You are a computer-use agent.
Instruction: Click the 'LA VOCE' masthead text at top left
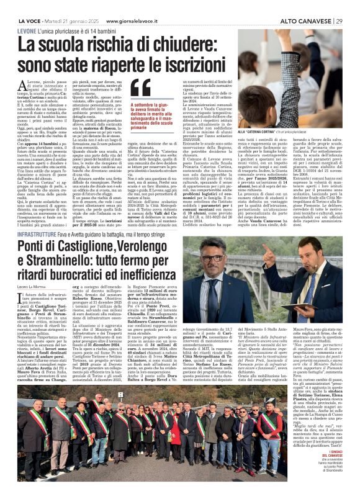click(27, 5)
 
